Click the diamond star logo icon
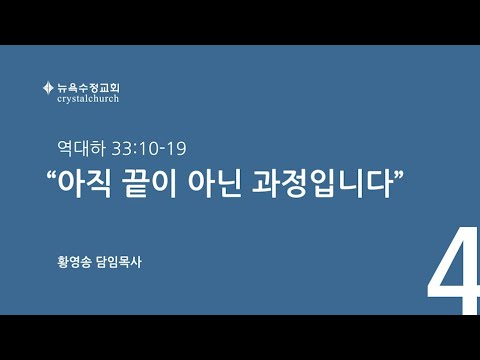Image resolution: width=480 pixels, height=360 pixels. pyautogui.click(x=48, y=88)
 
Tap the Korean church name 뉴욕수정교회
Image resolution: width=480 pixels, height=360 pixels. pyautogui.click(x=88, y=88)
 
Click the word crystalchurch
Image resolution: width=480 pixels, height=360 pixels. pyautogui.click(x=88, y=99)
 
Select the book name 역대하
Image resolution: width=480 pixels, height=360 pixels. pyautogui.click(x=81, y=148)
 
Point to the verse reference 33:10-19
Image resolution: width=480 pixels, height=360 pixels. pyautogui.click(x=149, y=149)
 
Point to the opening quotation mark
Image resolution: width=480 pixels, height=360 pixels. pyautogui.click(x=51, y=176)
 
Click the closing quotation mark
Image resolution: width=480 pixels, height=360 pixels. pyautogui.click(x=399, y=175)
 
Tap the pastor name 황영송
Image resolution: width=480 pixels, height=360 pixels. pyautogui.click(x=74, y=262)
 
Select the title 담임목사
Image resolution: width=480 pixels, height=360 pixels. pyautogui.click(x=119, y=262)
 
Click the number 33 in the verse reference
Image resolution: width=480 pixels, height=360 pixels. pyautogui.click(x=121, y=149)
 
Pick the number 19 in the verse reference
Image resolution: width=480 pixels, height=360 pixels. pyautogui.click(x=176, y=149)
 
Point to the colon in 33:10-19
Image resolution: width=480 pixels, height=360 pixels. pyautogui.click(x=135, y=150)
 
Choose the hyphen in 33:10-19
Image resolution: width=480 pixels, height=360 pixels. pyautogui.click(x=162, y=150)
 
